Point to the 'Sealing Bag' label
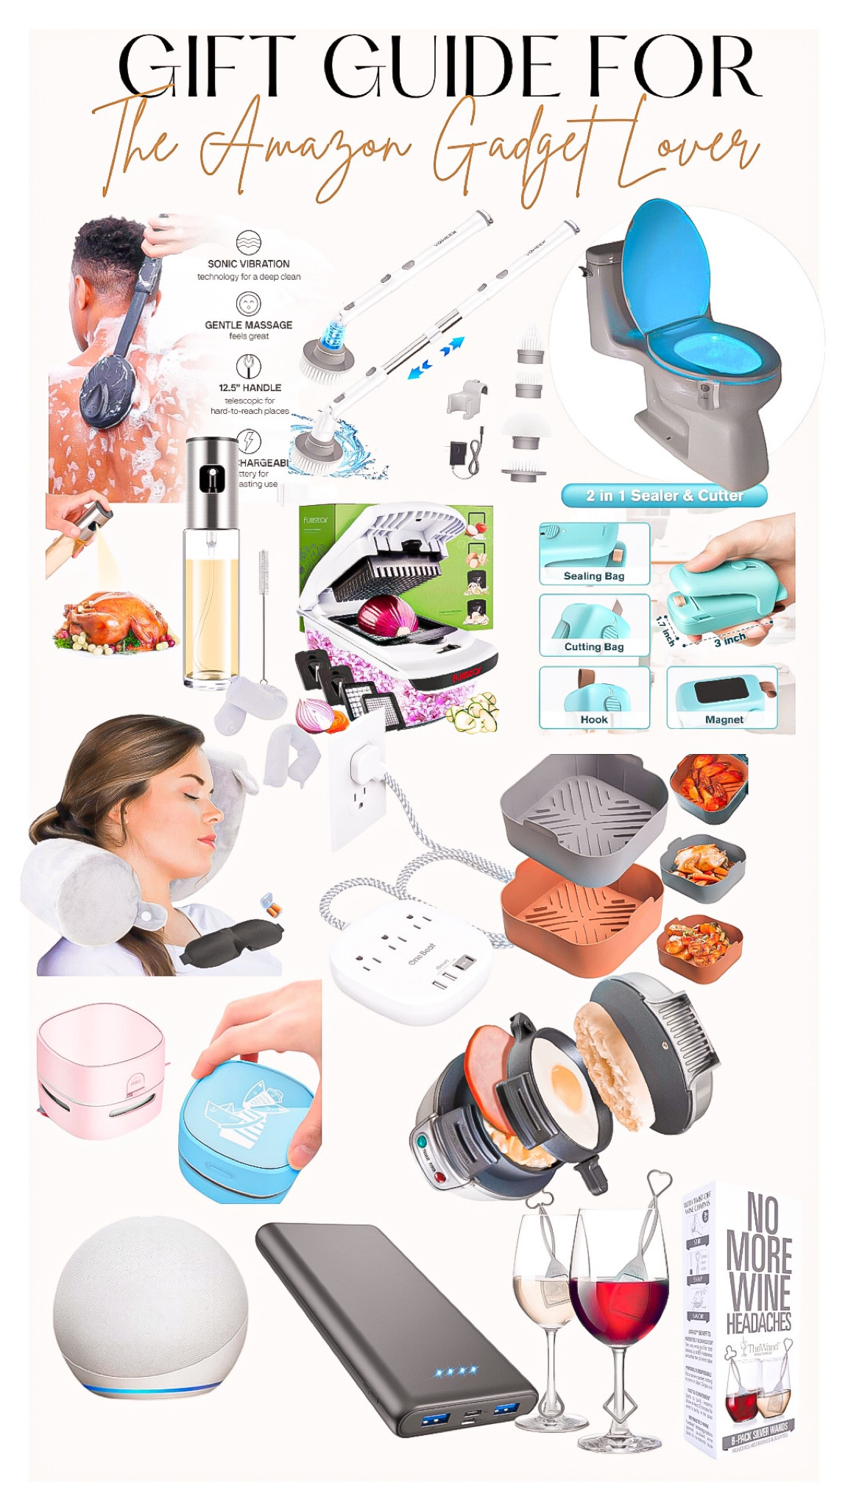click(593, 576)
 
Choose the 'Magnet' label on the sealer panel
click(724, 719)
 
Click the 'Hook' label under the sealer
click(593, 719)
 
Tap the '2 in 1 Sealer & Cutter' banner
click(664, 496)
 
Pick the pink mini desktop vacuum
click(100, 1069)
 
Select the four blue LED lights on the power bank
click(456, 1371)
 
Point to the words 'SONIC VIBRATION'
click(248, 264)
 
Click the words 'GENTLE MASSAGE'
click(248, 325)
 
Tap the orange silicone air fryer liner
click(582, 917)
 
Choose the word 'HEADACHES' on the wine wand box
click(758, 1322)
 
